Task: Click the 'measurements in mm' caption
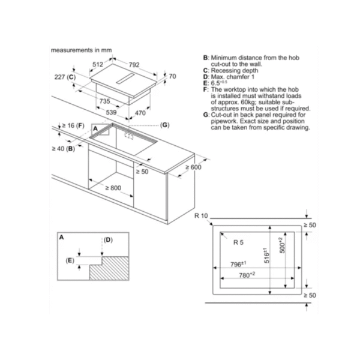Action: pyautogui.click(x=81, y=50)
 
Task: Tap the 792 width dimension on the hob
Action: pyautogui.click(x=134, y=65)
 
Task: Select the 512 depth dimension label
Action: pyautogui.click(x=98, y=65)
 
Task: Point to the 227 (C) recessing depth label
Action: pyautogui.click(x=65, y=77)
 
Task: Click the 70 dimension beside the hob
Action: pyautogui.click(x=172, y=76)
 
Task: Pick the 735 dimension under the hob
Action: pyautogui.click(x=104, y=101)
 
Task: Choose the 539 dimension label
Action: pyautogui.click(x=112, y=113)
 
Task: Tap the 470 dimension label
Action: pyautogui.click(x=140, y=113)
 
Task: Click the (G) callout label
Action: pyautogui.click(x=165, y=125)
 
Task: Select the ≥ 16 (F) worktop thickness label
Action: pyautogui.click(x=73, y=125)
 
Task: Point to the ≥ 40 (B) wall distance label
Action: pyautogui.click(x=64, y=149)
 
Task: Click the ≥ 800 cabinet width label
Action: pyautogui.click(x=113, y=188)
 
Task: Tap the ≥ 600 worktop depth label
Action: pyautogui.click(x=193, y=167)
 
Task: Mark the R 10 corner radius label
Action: pyautogui.click(x=201, y=216)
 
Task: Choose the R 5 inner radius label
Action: pyautogui.click(x=238, y=242)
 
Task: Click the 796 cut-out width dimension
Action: pyautogui.click(x=238, y=264)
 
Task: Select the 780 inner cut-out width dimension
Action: pyautogui.click(x=247, y=275)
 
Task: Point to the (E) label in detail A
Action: pyautogui.click(x=70, y=260)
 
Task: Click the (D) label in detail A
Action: pyautogui.click(x=108, y=240)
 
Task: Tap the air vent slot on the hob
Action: pyautogui.click(x=125, y=79)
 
